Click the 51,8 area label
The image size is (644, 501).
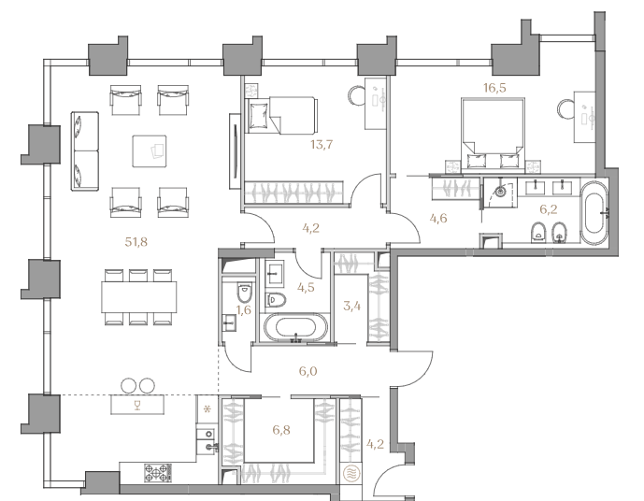coord(136,242)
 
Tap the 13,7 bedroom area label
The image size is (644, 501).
coord(322,145)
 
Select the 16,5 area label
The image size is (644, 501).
coord(494,88)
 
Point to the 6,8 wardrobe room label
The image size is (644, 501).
coord(281,430)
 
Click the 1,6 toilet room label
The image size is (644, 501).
coord(244,309)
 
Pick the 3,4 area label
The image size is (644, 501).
coord(352,306)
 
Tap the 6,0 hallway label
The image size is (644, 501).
coord(308,371)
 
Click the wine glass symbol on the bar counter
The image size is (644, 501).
coord(137,406)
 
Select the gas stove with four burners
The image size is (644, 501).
coord(158,473)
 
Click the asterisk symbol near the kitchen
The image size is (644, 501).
coord(208,409)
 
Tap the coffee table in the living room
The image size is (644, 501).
coord(150,151)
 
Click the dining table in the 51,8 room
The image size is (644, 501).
coord(139,297)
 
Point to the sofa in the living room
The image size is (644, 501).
coord(85,151)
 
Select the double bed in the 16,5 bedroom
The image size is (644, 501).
coord(493,134)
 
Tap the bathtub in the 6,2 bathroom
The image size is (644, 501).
coord(594,213)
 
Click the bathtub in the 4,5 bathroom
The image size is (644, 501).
coord(295,328)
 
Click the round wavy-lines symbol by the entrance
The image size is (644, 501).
coord(351,474)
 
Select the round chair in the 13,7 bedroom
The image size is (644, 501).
coord(357,95)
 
